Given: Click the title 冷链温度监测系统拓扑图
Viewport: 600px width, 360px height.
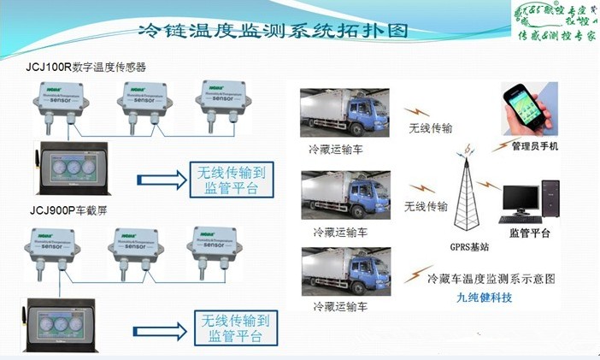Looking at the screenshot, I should point(273,31).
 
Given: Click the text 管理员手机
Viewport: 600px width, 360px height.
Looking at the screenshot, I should point(534,146).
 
